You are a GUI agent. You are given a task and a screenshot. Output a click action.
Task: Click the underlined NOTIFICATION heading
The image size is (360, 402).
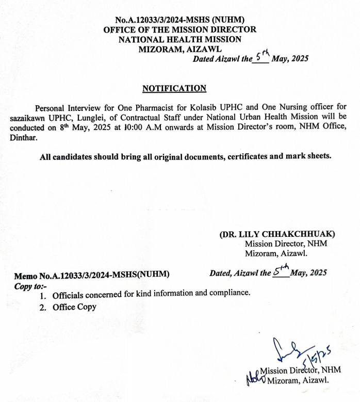pos(174,88)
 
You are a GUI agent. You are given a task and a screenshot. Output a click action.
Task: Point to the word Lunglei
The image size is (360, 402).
pos(95,118)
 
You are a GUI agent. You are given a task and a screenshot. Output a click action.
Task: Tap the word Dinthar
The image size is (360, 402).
pos(23,138)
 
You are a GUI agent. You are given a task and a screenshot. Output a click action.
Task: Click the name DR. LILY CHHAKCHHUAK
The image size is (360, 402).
pos(277,234)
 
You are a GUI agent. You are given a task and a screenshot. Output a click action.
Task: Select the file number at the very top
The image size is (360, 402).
pos(180,20)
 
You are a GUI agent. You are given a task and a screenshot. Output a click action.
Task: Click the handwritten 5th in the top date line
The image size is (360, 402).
pos(261,55)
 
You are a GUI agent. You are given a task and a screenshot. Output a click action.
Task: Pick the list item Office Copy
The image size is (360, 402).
pos(74,307)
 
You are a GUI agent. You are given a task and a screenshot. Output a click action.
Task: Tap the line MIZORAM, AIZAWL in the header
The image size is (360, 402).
pos(180,49)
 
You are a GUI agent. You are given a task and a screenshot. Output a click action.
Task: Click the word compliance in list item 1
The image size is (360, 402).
pos(227,294)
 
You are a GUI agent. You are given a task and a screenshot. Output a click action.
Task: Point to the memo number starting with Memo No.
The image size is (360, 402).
pos(92,275)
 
